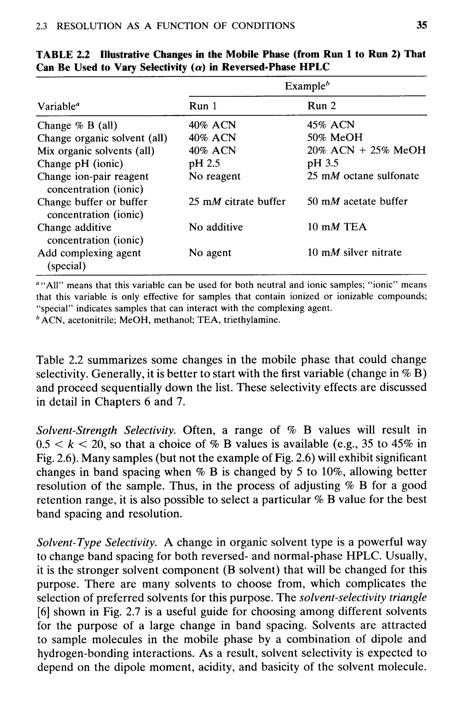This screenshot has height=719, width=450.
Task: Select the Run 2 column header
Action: pyautogui.click(x=321, y=106)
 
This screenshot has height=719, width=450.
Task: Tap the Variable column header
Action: pyautogui.click(x=59, y=106)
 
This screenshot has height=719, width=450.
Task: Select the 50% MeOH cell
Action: pyautogui.click(x=335, y=138)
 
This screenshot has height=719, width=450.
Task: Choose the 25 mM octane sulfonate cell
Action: pyautogui.click(x=363, y=176)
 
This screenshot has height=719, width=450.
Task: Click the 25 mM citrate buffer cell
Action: pyautogui.click(x=237, y=202)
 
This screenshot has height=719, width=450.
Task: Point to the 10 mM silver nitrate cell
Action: pyautogui.click(x=354, y=253)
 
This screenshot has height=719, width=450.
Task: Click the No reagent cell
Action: pyautogui.click(x=214, y=176)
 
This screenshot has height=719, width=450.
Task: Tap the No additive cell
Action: pyautogui.click(x=216, y=227)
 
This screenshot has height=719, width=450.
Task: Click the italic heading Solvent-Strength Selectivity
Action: pyautogui.click(x=106, y=430)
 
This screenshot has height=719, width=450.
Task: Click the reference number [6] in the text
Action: pyautogui.click(x=43, y=612)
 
